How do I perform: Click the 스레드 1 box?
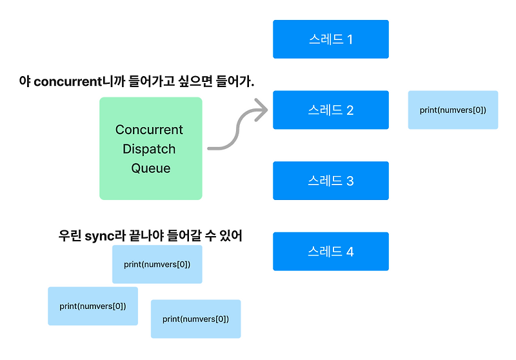click(330, 39)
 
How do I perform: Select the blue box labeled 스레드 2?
click(330, 110)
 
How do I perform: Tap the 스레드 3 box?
click(330, 181)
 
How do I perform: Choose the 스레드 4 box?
click(330, 252)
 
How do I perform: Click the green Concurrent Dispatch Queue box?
click(150, 148)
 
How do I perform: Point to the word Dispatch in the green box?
click(150, 149)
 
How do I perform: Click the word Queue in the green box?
click(151, 168)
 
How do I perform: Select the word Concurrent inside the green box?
click(149, 130)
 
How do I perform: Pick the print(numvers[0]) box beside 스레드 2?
click(453, 110)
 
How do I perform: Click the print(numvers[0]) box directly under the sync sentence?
click(157, 265)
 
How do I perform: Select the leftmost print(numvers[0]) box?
click(92, 306)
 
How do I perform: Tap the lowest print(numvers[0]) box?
click(195, 319)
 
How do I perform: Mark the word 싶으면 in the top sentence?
click(193, 82)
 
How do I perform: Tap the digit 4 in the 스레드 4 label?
click(350, 252)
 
